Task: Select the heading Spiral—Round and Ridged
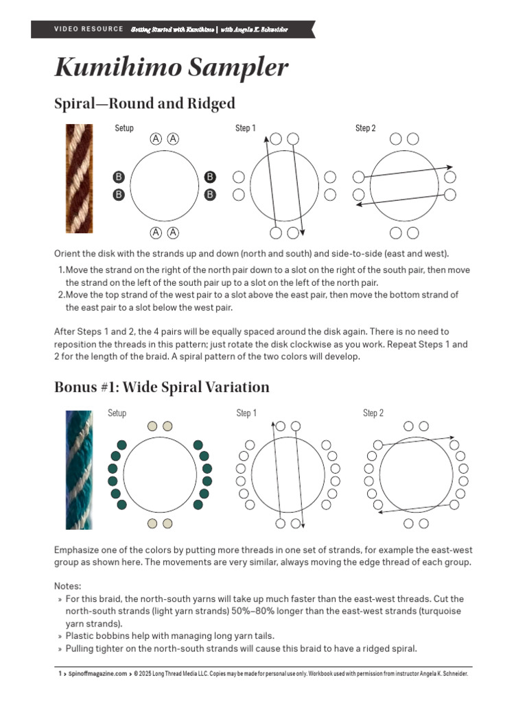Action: point(144,104)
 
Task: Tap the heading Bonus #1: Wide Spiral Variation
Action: point(161,387)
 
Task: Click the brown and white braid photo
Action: point(79,178)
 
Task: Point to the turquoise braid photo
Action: point(78,470)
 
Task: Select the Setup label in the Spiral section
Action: point(124,128)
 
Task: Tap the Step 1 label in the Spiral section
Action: point(245,128)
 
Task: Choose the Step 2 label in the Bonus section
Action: point(373,413)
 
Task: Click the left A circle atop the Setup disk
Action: point(156,139)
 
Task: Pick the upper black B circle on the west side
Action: point(119,178)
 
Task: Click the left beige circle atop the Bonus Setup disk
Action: point(152,426)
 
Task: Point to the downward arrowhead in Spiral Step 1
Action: point(303,239)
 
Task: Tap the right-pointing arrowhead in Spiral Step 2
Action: point(449,167)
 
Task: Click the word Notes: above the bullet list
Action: point(67,586)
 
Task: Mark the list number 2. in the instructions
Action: point(61,295)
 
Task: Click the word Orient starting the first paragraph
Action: point(69,253)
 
